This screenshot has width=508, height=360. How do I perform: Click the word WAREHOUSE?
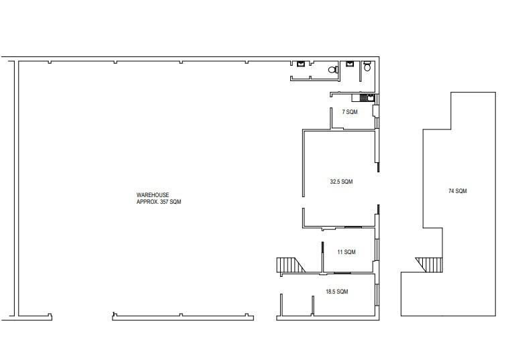tap(149, 195)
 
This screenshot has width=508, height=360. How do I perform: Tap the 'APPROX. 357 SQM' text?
tap(159, 201)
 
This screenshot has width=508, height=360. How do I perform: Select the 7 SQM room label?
tap(350, 112)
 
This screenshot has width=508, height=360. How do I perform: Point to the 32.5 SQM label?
tap(341, 182)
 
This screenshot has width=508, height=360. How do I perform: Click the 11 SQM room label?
tap(346, 252)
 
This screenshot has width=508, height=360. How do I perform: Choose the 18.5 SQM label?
tap(336, 292)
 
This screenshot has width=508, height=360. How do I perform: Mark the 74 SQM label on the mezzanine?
tap(457, 191)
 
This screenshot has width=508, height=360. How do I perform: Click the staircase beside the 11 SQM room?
tap(290, 265)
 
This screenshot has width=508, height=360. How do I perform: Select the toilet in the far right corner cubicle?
tap(367, 68)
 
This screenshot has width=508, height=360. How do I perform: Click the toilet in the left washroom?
tap(332, 70)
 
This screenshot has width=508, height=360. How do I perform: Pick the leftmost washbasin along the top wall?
tap(301, 64)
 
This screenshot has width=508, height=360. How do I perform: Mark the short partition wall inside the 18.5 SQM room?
tap(313, 305)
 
